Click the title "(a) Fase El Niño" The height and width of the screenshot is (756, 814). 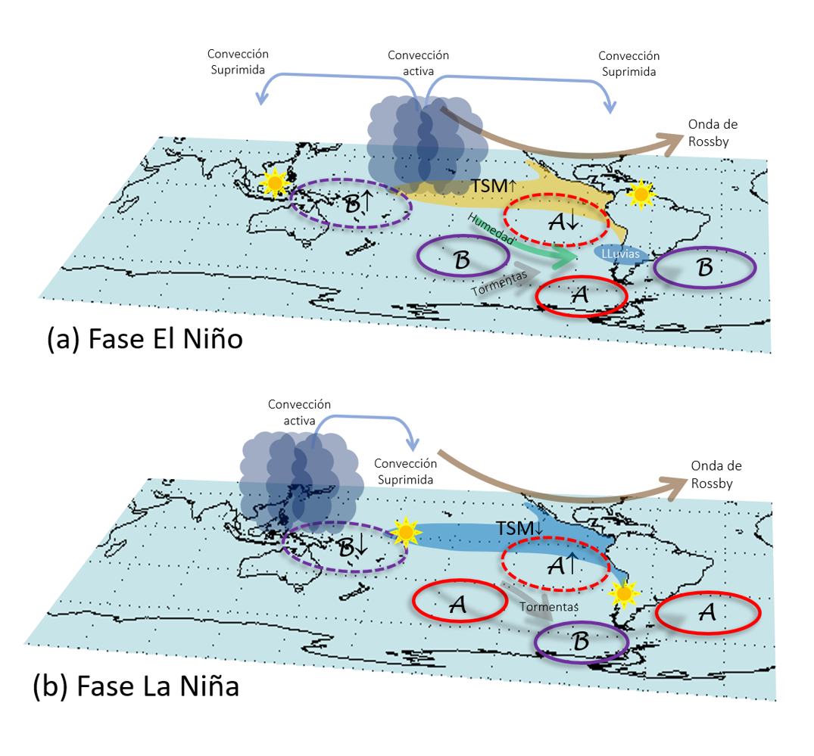tap(145, 338)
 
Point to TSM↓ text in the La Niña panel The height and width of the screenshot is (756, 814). tap(518, 528)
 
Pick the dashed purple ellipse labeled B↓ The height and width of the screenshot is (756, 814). tap(345, 546)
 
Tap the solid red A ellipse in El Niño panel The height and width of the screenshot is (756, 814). tap(581, 296)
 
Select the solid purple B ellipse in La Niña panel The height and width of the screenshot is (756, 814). tap(582, 642)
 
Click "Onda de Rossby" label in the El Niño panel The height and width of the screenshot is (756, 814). tap(713, 132)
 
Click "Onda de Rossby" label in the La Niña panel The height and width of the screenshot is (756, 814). tap(712, 475)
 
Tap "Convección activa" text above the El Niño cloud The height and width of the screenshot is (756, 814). tap(418, 63)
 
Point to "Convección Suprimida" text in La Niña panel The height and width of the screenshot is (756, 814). tap(406, 471)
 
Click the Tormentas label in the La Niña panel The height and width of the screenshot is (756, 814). tap(549, 607)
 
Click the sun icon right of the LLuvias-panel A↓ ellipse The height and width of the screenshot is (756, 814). tap(642, 194)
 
